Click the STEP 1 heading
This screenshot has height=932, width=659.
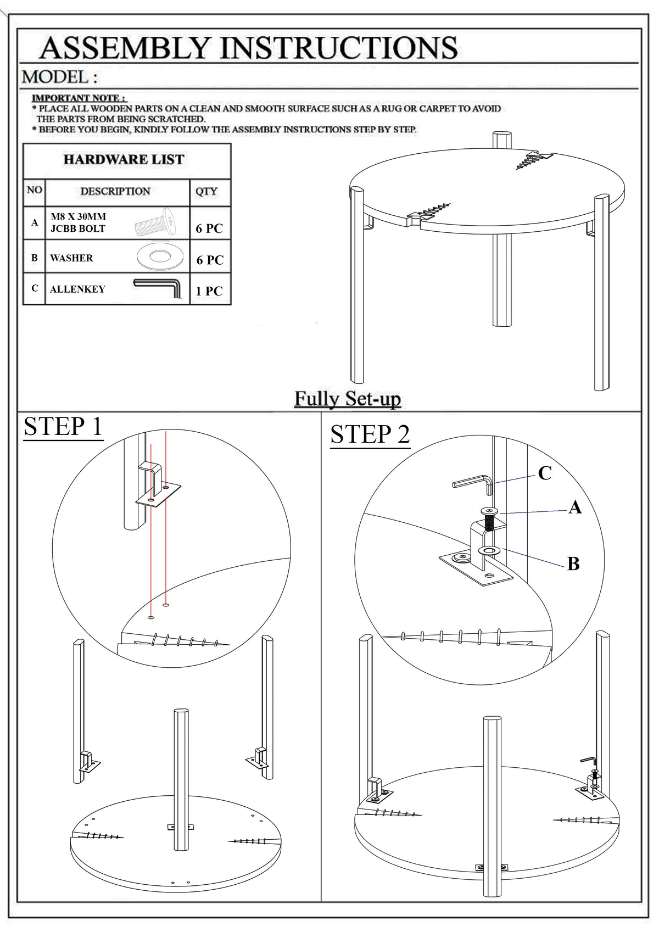(x=63, y=427)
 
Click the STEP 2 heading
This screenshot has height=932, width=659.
(x=370, y=434)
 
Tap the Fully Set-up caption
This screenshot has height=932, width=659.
(x=348, y=398)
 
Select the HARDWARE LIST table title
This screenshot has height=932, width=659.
(x=124, y=160)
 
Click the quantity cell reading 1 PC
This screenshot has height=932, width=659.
(x=209, y=291)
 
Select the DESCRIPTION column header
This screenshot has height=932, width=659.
(x=115, y=192)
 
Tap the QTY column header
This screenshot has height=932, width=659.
(x=206, y=192)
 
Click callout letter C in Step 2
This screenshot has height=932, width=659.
(x=544, y=473)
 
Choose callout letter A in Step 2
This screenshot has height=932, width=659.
(x=574, y=507)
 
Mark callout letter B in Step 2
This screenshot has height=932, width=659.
(x=573, y=563)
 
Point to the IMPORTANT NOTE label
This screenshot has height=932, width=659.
(x=79, y=98)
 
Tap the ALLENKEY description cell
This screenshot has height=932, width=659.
(x=77, y=289)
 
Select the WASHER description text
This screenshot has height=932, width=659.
(x=71, y=258)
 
